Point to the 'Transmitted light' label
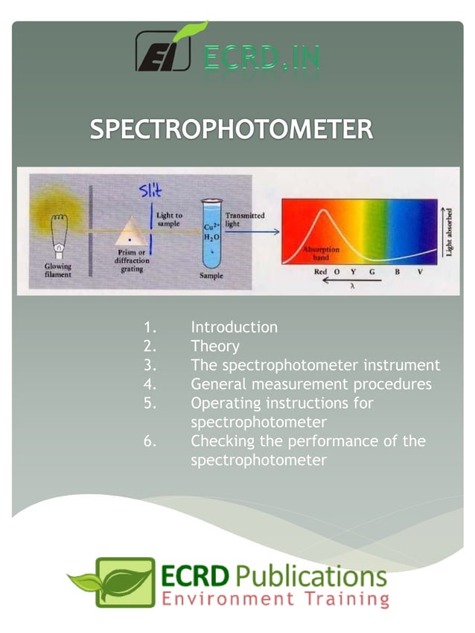pyautogui.click(x=245, y=219)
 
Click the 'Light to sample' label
pyautogui.click(x=170, y=219)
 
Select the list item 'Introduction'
pyautogui.click(x=234, y=327)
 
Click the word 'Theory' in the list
pyautogui.click(x=215, y=347)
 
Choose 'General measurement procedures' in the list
pyautogui.click(x=310, y=385)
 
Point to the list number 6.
pyautogui.click(x=150, y=441)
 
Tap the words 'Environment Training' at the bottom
pyautogui.click(x=275, y=599)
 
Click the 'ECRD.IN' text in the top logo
pyautogui.click(x=261, y=58)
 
